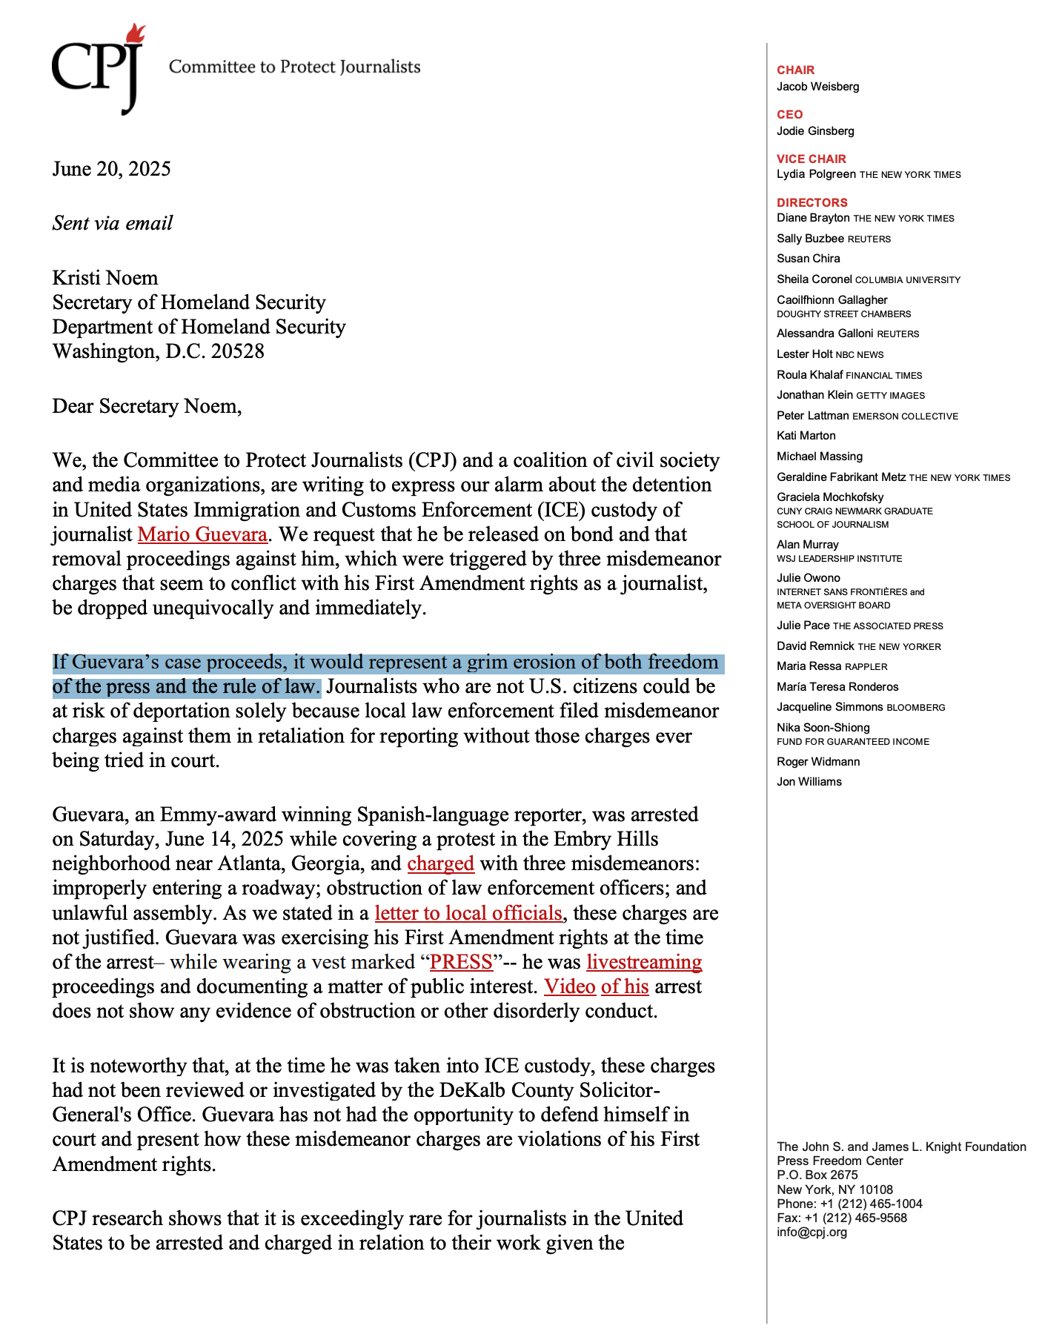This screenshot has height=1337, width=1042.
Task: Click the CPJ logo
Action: [x=98, y=68]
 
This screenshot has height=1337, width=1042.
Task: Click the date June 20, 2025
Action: [x=111, y=169]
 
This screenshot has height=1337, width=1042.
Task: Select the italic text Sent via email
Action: [x=112, y=223]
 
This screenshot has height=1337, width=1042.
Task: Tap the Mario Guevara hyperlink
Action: [x=202, y=534]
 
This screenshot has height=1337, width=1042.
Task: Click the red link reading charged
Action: [x=440, y=863]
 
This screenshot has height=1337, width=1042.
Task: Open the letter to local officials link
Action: [x=468, y=913]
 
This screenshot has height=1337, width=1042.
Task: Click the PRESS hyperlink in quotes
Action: [x=461, y=962]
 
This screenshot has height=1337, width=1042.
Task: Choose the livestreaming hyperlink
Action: [x=644, y=962]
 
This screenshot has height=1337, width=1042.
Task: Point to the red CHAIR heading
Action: [x=795, y=70]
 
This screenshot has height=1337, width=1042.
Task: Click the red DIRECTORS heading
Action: [x=812, y=202]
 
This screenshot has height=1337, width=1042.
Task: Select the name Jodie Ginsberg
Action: [x=815, y=131]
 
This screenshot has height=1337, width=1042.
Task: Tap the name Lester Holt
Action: [x=804, y=354]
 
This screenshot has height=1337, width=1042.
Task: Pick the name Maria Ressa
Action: [x=809, y=666]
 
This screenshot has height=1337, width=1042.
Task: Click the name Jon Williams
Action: [x=809, y=782]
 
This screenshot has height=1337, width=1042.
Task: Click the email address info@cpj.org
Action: [x=812, y=1233]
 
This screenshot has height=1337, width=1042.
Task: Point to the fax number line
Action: [x=841, y=1218]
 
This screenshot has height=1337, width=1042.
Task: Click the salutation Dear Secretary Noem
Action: [x=147, y=406]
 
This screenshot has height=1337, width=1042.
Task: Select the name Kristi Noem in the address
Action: [x=104, y=278]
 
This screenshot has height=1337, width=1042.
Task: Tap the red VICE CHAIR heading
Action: [x=811, y=159]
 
